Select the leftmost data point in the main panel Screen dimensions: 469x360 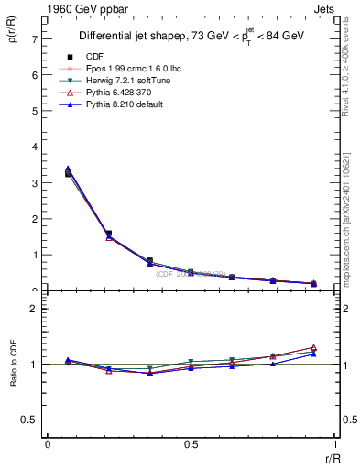(x=69, y=173)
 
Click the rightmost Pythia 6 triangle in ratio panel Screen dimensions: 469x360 (x=313, y=348)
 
